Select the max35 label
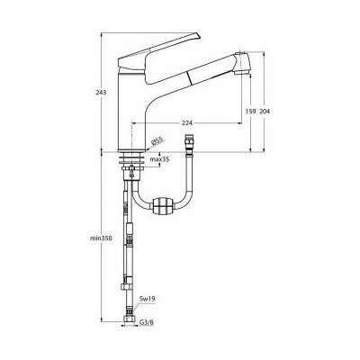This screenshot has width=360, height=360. coord(160,159)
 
